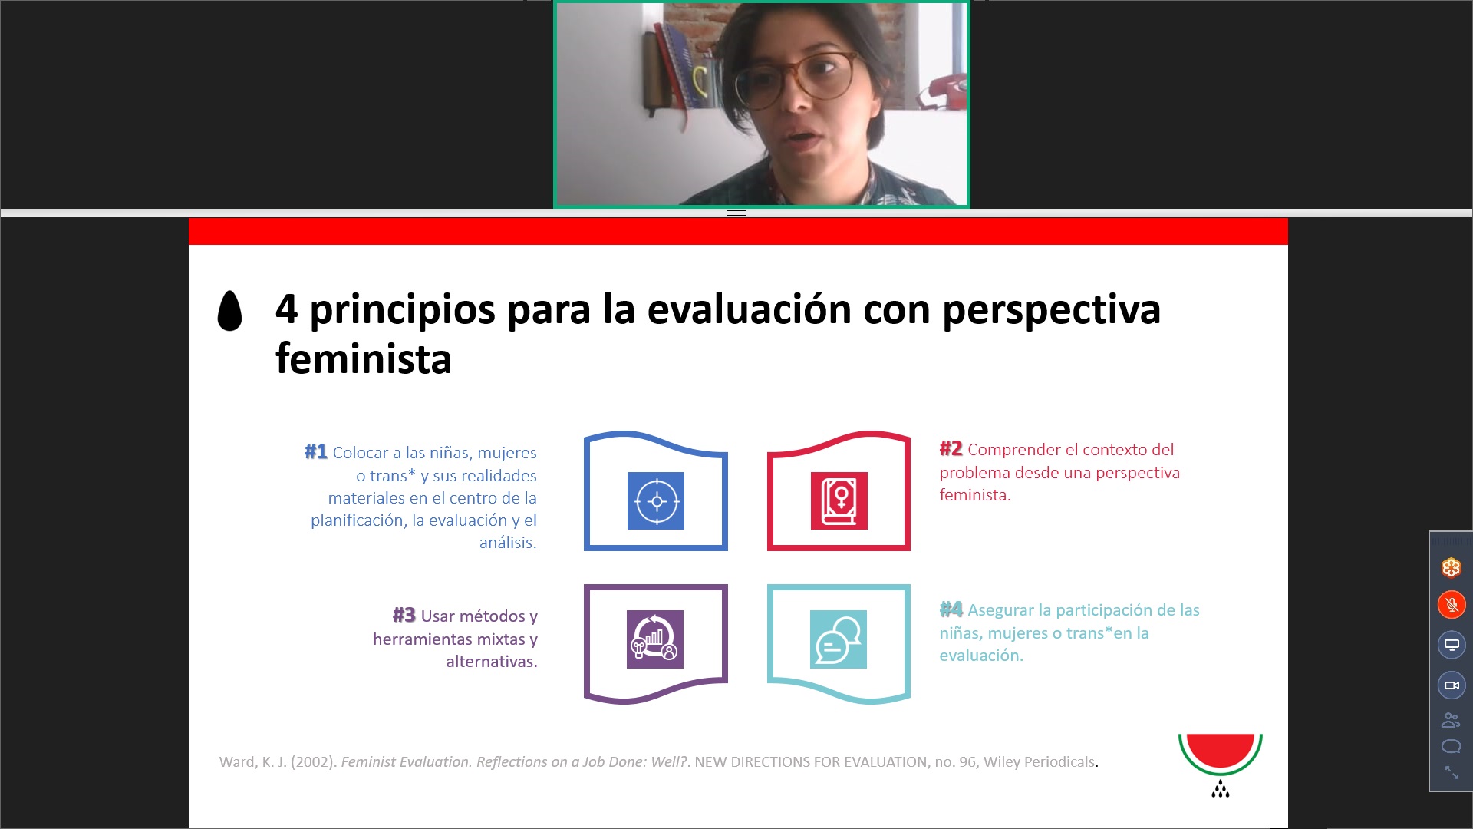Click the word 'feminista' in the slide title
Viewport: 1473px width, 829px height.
click(364, 358)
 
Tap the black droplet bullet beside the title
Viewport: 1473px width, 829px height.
click(230, 311)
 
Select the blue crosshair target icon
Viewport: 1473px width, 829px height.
click(656, 501)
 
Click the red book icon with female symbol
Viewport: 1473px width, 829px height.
click(839, 501)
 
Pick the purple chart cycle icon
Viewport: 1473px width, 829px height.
click(655, 639)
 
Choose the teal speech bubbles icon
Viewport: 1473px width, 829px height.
click(839, 639)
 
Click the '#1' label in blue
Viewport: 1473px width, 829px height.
click(316, 452)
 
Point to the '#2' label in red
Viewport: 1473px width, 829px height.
click(951, 449)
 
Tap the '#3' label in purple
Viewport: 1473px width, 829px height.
click(404, 616)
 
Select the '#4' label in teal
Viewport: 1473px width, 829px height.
click(951, 609)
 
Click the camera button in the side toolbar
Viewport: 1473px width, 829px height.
click(1452, 685)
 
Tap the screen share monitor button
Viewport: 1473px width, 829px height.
click(1452, 645)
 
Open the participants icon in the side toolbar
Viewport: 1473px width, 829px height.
click(1451, 720)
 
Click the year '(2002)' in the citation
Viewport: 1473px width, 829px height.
click(314, 762)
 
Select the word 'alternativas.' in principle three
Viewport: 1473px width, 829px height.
click(492, 662)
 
